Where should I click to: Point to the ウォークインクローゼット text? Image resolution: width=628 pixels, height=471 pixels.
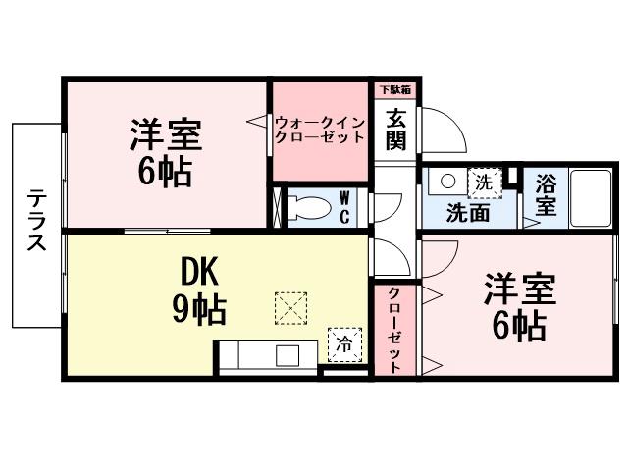tap(320, 131)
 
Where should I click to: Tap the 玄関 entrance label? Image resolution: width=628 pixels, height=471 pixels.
tap(396, 128)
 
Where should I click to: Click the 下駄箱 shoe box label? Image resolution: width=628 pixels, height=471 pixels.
tap(396, 90)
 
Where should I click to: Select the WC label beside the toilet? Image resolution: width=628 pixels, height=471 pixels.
tap(345, 207)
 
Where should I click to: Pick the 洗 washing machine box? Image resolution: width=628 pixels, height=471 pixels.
tap(483, 182)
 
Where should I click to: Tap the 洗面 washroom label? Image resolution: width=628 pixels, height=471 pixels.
tap(467, 212)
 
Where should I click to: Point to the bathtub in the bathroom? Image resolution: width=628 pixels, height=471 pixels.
tap(592, 199)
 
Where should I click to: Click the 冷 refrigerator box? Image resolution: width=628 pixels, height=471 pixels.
tap(343, 342)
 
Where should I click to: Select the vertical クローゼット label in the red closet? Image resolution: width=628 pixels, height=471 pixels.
tap(394, 330)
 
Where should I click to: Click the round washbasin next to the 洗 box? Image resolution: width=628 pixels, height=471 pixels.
tap(446, 182)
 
